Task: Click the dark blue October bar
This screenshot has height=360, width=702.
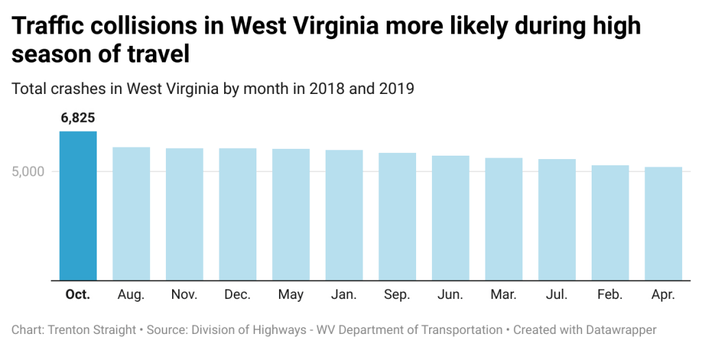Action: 78,206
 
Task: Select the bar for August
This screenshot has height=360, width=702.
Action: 131,213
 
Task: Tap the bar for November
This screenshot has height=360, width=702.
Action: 184,214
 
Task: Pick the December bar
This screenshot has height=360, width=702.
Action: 238,214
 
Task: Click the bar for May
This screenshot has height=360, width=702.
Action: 291,215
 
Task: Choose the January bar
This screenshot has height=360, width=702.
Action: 344,215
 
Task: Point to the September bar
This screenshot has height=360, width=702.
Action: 398,216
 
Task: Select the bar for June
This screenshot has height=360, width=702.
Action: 450,218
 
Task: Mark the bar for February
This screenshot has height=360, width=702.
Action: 610,223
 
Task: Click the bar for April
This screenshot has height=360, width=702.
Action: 664,224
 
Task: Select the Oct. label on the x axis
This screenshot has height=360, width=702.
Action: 77,295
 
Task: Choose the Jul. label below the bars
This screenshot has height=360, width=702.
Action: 557,295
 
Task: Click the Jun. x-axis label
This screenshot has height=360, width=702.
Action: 450,295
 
